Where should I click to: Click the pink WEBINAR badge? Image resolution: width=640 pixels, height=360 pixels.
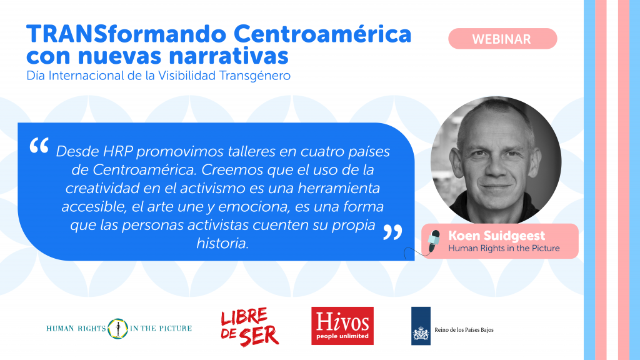pos(502,39)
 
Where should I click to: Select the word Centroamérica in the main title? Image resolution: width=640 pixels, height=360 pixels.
pos(322,34)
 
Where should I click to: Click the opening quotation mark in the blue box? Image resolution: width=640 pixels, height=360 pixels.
pos(39,145)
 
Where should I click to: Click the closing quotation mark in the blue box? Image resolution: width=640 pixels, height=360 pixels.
pos(392,232)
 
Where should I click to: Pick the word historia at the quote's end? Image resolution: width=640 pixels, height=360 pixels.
pos(222,243)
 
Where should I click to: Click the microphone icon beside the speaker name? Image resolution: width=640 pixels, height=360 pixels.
pos(433,241)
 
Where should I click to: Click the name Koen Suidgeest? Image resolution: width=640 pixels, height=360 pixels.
pos(496,236)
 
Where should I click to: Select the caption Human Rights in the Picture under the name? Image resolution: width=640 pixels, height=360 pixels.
pos(504,248)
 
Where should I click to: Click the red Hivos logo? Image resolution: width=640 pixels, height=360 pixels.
pos(342,326)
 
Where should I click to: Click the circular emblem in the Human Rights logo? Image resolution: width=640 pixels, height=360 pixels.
pos(118,329)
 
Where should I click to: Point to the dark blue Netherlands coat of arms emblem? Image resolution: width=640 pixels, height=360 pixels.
pos(421,326)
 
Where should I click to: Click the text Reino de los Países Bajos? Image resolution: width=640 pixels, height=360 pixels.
pos(464,330)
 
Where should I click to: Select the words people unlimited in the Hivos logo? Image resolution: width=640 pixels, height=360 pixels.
pos(342,336)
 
